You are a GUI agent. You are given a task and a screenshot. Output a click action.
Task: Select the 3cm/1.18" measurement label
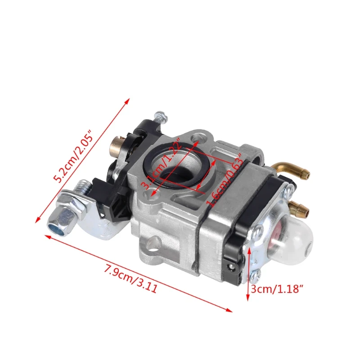pos(277,288)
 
